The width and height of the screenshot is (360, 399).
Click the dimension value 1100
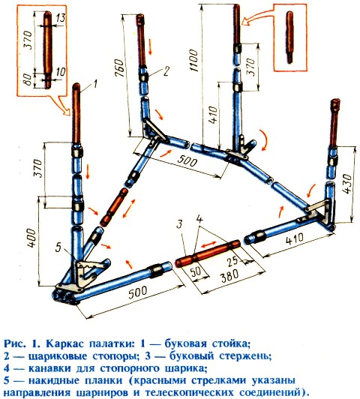point(193,60)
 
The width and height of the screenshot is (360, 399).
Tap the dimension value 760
point(119,68)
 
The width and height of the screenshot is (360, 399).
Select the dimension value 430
point(348,184)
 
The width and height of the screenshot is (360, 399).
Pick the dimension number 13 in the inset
point(61,18)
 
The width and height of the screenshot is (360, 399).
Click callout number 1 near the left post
point(94,83)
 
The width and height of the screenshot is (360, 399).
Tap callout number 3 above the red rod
point(180,224)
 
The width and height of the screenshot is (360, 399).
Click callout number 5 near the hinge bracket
point(58,247)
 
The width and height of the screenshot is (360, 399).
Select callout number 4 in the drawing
point(199,219)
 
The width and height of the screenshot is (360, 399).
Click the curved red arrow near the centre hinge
point(264,139)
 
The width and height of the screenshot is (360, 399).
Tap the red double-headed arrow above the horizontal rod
point(210,244)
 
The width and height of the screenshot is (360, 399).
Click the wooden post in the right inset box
point(289,37)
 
